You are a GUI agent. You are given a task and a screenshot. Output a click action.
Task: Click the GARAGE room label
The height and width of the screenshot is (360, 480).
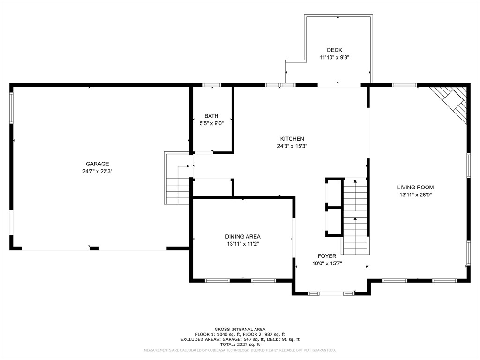pos(97,164)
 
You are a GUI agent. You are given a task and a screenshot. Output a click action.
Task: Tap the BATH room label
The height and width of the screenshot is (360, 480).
pos(211,116)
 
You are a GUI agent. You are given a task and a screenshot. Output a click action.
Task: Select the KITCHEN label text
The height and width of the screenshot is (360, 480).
pos(292,139)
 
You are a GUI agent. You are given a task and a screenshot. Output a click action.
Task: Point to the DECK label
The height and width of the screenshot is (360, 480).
pos(335,50)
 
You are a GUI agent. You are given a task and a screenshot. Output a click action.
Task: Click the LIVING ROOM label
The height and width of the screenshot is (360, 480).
pos(415,187)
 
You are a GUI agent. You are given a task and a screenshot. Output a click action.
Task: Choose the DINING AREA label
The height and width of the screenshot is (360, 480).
pos(243,237)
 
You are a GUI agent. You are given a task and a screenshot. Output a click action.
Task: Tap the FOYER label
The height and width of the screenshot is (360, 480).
pos(327,256)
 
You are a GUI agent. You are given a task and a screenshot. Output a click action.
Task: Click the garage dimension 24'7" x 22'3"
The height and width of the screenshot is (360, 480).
pos(97,172)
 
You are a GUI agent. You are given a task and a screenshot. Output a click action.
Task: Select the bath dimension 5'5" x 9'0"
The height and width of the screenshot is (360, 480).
pos(211,123)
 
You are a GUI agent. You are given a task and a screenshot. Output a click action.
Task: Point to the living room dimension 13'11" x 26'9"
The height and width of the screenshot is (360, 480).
pos(415,195)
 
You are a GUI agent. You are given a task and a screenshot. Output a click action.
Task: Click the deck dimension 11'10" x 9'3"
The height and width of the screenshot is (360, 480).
pos(335,57)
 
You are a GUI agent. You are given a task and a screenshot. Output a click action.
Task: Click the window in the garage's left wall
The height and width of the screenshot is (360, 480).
pos(11,108)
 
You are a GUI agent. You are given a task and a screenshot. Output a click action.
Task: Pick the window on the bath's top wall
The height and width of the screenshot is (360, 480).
pos(212,85)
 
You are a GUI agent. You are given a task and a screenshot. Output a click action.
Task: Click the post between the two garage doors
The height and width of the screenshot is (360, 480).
pos(94,248)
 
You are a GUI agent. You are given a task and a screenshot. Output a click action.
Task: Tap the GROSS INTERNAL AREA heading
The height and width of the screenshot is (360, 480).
pos(240,330)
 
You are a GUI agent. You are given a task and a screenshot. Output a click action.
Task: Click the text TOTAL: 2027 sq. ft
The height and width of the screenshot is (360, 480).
pos(240,345)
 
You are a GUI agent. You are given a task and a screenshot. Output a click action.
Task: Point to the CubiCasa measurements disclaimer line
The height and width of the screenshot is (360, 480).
pos(240,350)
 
